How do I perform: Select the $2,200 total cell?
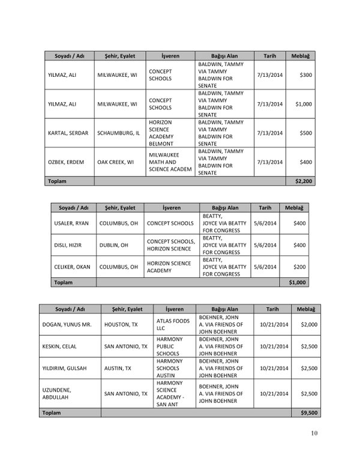tap(304, 180)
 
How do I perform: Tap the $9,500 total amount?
tap(308, 413)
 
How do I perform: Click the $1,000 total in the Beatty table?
tap(297, 282)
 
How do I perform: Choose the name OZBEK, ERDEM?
tap(64, 162)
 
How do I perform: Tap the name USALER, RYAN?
tap(71, 223)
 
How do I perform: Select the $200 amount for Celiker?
tap(298, 266)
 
